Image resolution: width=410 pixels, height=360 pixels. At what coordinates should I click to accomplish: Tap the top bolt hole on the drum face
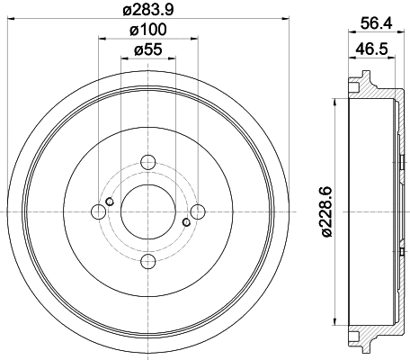(148, 163)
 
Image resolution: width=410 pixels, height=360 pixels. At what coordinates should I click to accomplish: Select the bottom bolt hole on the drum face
(148, 262)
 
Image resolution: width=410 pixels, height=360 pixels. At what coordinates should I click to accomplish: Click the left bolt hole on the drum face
(99, 212)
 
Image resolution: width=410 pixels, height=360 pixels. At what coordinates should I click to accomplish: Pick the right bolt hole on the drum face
(198, 212)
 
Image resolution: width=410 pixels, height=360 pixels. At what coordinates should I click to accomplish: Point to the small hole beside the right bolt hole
(186, 222)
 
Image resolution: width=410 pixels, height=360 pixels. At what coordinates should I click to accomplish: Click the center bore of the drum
(148, 212)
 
